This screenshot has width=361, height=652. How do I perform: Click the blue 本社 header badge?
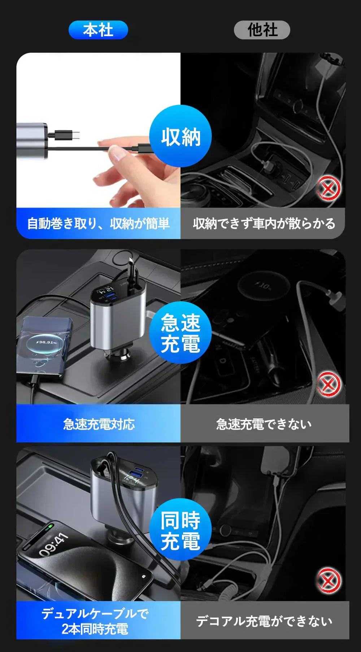point(98,30)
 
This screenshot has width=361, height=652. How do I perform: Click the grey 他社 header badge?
point(262,30)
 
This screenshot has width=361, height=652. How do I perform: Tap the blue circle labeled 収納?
point(180,136)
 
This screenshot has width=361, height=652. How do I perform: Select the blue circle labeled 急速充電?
point(180,332)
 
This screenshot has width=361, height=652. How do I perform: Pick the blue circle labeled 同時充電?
point(180,530)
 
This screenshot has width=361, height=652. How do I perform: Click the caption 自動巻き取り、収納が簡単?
point(98,223)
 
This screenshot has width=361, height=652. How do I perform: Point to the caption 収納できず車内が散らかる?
point(264,223)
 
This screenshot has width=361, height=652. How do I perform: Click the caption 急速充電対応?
point(99,424)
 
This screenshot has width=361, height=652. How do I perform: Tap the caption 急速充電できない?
point(264,424)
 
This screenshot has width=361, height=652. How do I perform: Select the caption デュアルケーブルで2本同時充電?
point(95,621)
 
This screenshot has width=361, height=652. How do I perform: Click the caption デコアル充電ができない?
point(264,621)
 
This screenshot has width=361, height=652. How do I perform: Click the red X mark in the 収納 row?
point(329,189)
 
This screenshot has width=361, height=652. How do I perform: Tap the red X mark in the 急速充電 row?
point(329,384)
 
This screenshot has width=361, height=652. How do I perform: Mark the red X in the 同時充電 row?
point(329,581)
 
